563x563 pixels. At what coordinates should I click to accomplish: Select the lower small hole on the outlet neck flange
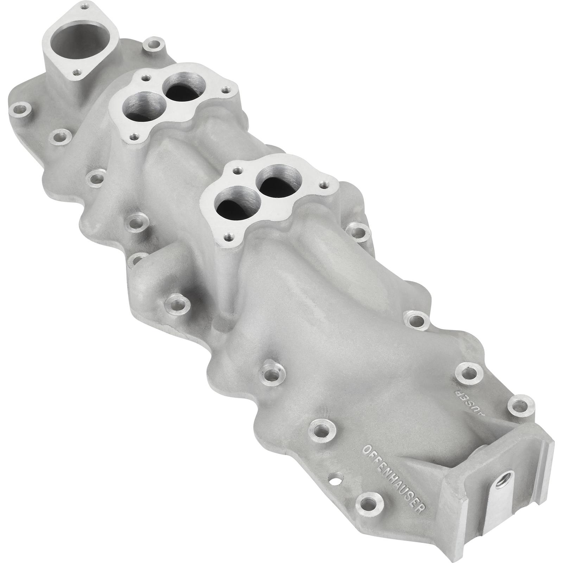(75, 73)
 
